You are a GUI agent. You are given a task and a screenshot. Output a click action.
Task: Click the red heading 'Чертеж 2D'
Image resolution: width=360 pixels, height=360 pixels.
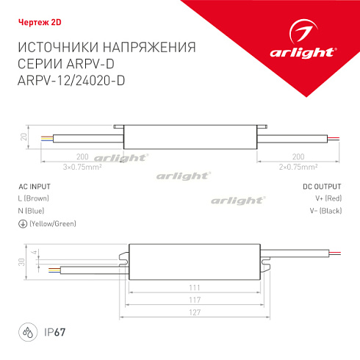click(35, 21)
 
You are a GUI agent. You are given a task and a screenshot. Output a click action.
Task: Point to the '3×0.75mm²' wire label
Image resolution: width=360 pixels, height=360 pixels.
click(82, 167)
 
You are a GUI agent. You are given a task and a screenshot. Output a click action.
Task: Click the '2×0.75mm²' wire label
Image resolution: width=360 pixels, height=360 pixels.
click(298, 167)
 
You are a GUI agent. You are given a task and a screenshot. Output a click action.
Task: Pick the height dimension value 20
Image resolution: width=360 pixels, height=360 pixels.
click(23, 137)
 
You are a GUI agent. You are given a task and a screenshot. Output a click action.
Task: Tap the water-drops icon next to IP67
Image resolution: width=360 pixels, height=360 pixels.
click(26, 331)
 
